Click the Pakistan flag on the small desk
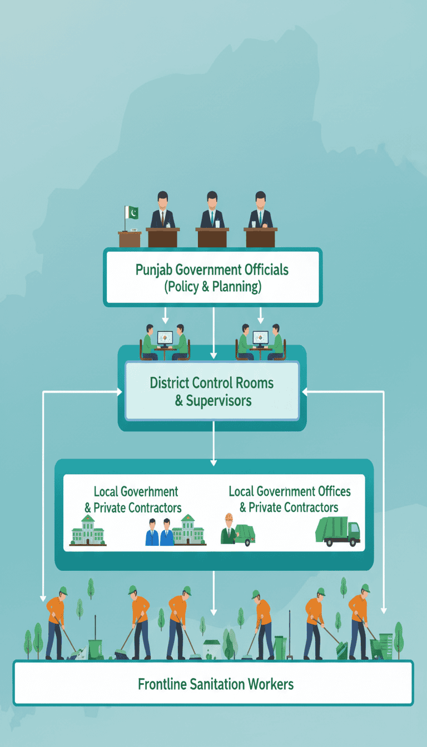pyautogui.click(x=132, y=213)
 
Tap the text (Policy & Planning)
pyautogui.click(x=213, y=287)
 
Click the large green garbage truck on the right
pyautogui.click(x=337, y=531)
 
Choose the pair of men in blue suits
pyautogui.click(x=160, y=532)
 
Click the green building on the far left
pyautogui.click(x=87, y=530)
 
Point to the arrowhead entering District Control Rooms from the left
pyautogui.click(x=119, y=392)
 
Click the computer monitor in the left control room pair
pyautogui.click(x=165, y=338)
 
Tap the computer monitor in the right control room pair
pyautogui.click(x=260, y=338)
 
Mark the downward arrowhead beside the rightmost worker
pyautogui.click(x=383, y=610)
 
